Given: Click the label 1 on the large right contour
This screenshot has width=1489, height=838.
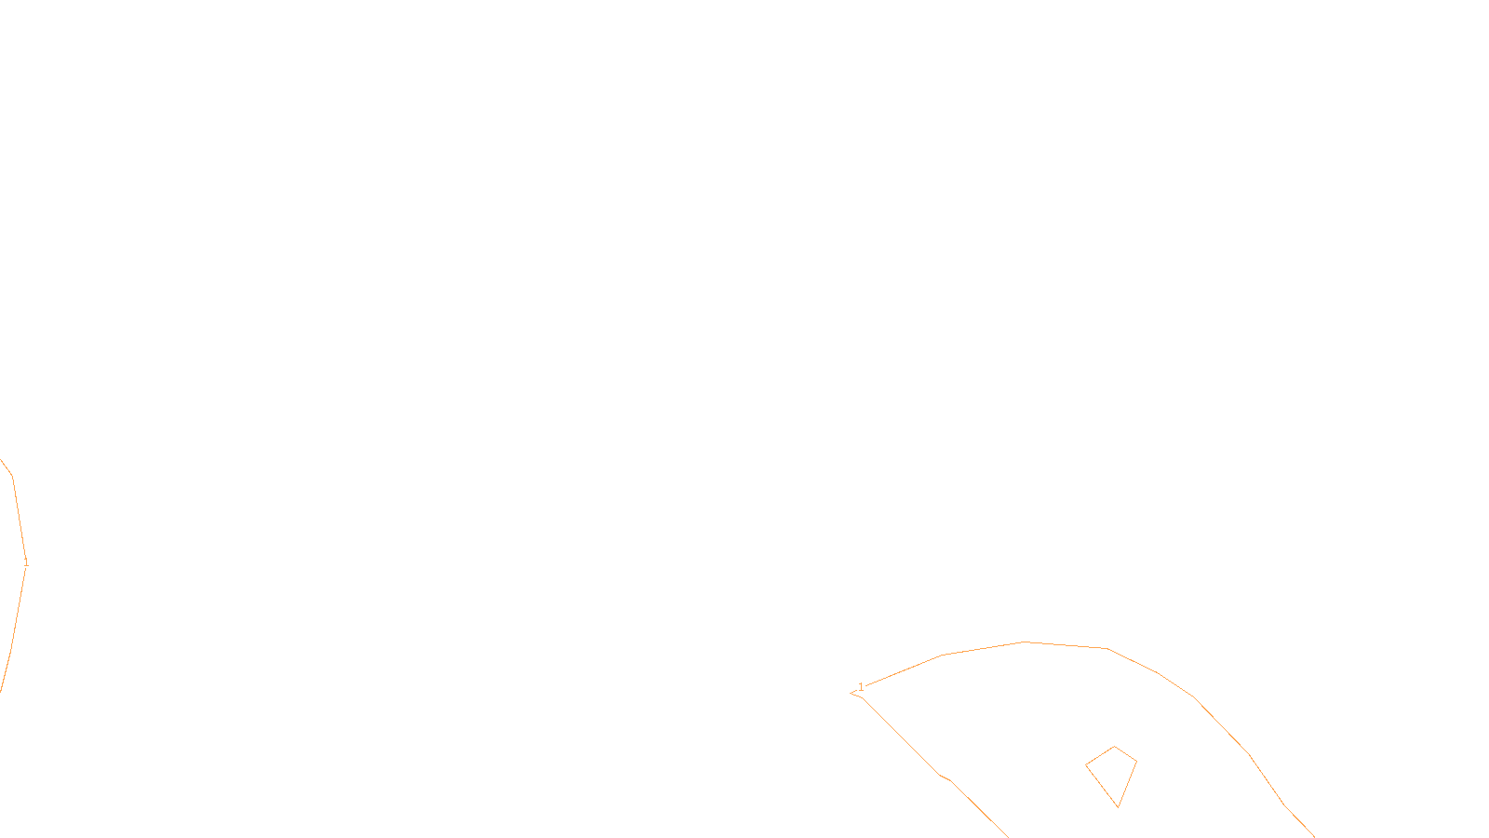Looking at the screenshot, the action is (861, 687).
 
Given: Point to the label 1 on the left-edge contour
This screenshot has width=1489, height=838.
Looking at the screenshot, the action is (26, 563).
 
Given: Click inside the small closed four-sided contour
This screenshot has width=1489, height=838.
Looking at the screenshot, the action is (1113, 771).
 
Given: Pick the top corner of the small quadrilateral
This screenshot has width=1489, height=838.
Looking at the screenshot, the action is (1115, 747).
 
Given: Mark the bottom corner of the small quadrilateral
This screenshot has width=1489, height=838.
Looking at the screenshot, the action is (1118, 807).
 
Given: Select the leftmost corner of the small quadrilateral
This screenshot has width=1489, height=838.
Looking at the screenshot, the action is (1086, 765).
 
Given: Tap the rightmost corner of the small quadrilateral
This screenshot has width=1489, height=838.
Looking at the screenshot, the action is (1136, 761).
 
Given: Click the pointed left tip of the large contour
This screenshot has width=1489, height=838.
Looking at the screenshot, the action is (851, 693).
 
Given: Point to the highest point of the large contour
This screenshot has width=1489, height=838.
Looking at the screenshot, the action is (1025, 642).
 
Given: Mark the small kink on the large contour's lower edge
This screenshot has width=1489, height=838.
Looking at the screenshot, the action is (942, 775).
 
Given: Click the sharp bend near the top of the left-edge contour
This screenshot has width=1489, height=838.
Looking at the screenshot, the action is (12, 478).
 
